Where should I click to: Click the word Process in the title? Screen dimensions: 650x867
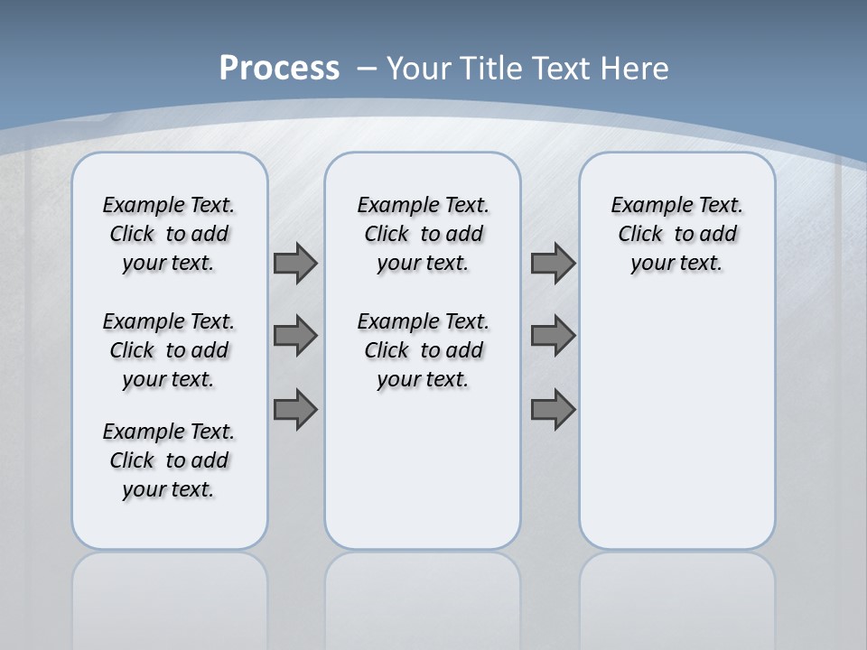(x=279, y=68)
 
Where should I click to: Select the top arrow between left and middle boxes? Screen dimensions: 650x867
(x=295, y=263)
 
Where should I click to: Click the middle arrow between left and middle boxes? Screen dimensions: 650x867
(x=295, y=336)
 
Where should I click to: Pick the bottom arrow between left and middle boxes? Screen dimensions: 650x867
(x=295, y=409)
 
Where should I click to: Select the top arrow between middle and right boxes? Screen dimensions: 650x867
(x=553, y=263)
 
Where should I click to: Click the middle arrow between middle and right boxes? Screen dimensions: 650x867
(x=553, y=336)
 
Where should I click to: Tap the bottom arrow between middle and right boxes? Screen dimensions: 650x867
(x=553, y=409)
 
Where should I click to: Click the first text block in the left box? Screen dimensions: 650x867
(x=169, y=234)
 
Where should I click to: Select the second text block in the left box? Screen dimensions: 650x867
(x=169, y=350)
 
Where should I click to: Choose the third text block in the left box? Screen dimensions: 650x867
(x=169, y=460)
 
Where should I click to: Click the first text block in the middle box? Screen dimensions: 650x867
(x=423, y=234)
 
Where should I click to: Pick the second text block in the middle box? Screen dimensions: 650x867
(x=423, y=350)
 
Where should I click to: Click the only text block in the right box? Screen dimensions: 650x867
(x=676, y=234)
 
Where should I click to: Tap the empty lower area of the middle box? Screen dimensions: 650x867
(x=423, y=469)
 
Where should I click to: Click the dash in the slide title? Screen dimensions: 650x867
(x=367, y=68)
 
